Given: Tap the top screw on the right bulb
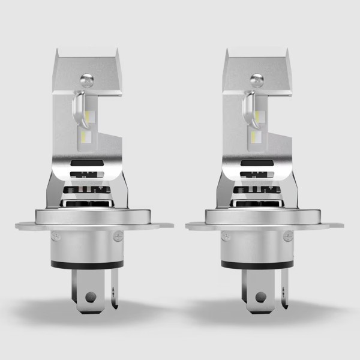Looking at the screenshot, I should pos(257,79).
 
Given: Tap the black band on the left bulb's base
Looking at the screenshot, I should pos(87,264).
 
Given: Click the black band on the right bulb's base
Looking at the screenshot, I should pos(257,264).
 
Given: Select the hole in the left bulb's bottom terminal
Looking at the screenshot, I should pos(90,296).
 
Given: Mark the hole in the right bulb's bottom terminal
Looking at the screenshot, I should pos(260,296).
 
